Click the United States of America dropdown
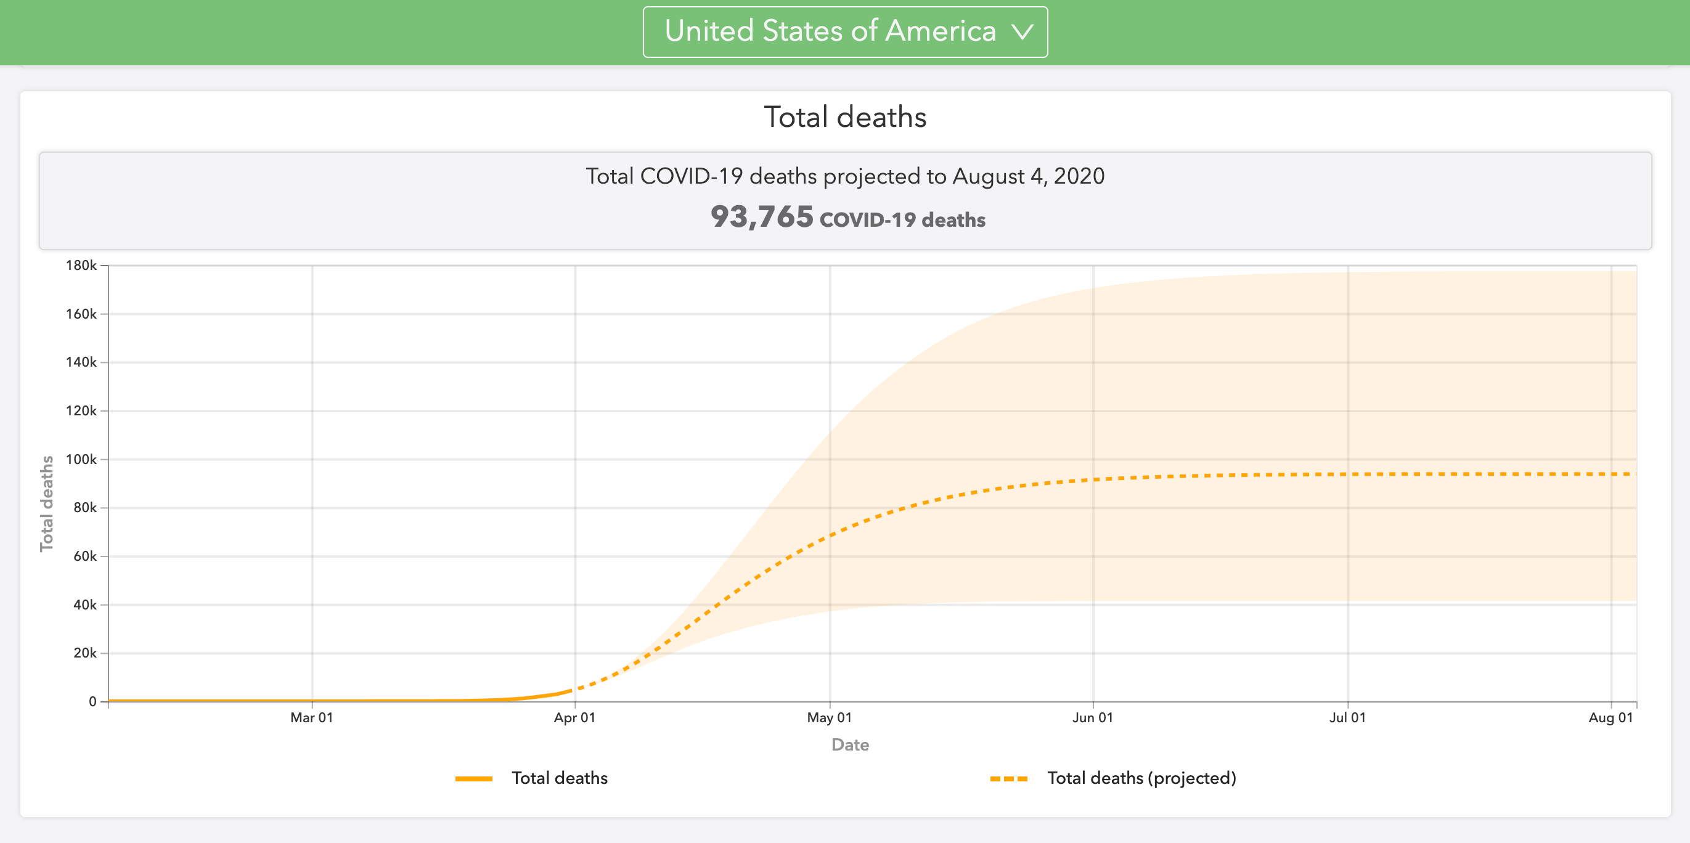point(844,31)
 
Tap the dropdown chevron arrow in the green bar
point(1022,31)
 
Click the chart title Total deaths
point(845,116)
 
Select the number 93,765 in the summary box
point(762,216)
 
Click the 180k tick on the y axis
point(81,266)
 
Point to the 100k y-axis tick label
point(81,459)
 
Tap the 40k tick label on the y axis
point(84,604)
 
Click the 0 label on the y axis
point(92,701)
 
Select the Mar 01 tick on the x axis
point(312,718)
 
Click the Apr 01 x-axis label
point(574,718)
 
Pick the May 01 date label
point(829,718)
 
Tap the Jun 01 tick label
point(1092,718)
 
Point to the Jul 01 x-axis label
point(1347,718)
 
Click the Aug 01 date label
point(1610,718)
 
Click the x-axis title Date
point(851,744)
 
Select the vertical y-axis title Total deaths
point(47,504)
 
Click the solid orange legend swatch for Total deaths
point(474,779)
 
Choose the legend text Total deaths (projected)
point(1141,778)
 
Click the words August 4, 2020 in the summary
point(1028,176)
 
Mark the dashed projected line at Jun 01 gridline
point(1093,479)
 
